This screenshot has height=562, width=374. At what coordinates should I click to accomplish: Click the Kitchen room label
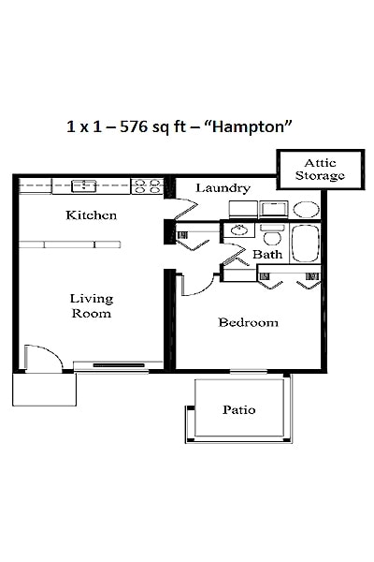(x=91, y=215)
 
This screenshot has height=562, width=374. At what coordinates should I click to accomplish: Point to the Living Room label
(x=91, y=306)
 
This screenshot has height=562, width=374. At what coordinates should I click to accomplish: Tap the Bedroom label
(x=248, y=323)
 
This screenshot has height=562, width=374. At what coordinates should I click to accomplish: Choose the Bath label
(x=267, y=254)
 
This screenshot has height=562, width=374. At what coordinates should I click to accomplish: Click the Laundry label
(x=223, y=188)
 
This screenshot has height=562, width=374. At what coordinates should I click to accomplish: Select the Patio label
(x=239, y=409)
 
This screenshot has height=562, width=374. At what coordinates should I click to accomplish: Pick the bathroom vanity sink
(x=239, y=229)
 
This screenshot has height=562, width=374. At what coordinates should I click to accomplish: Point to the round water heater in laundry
(x=305, y=209)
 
